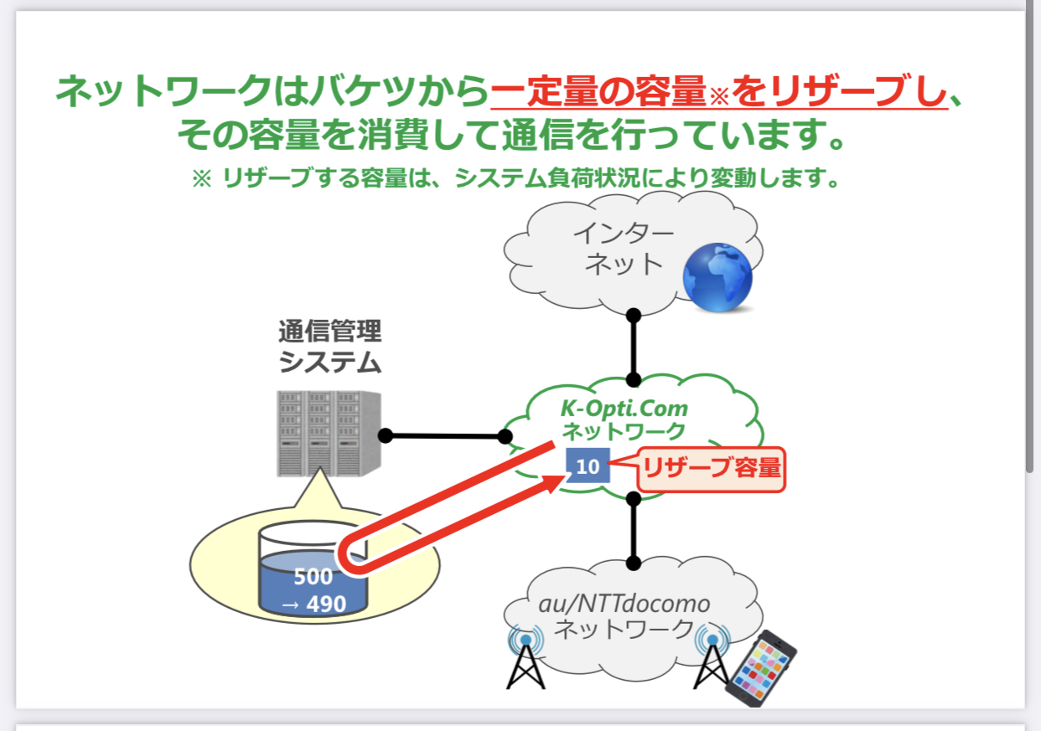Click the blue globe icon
point(717,277)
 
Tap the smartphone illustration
point(760,668)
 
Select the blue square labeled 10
point(588,466)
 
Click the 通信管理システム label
point(329,347)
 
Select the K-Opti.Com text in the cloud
point(624,409)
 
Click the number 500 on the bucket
point(313,577)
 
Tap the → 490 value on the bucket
point(313,604)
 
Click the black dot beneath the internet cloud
point(634,316)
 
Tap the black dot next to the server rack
point(386,435)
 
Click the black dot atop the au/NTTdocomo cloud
point(634,563)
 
